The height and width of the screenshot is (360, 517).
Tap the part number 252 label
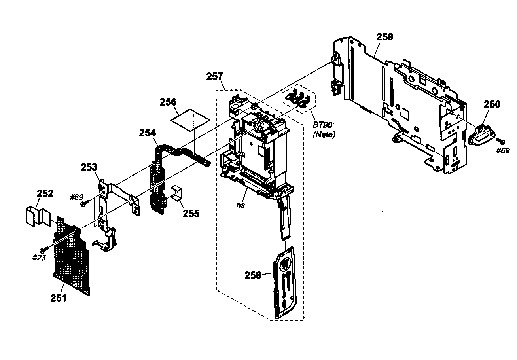coord(45,194)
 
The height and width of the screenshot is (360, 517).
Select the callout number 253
coord(89,167)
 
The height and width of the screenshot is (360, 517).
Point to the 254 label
coord(147,133)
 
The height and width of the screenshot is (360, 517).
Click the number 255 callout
coord(191,213)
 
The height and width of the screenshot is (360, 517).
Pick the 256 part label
coord(168,102)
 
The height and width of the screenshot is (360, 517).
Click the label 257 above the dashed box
coord(214,76)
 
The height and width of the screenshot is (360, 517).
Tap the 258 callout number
coord(253,275)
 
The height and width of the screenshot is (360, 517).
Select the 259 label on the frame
coord(384,37)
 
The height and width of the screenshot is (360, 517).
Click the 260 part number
coord(492,104)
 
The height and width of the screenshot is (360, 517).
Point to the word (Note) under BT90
coord(324,135)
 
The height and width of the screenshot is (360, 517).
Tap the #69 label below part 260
coord(503,150)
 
